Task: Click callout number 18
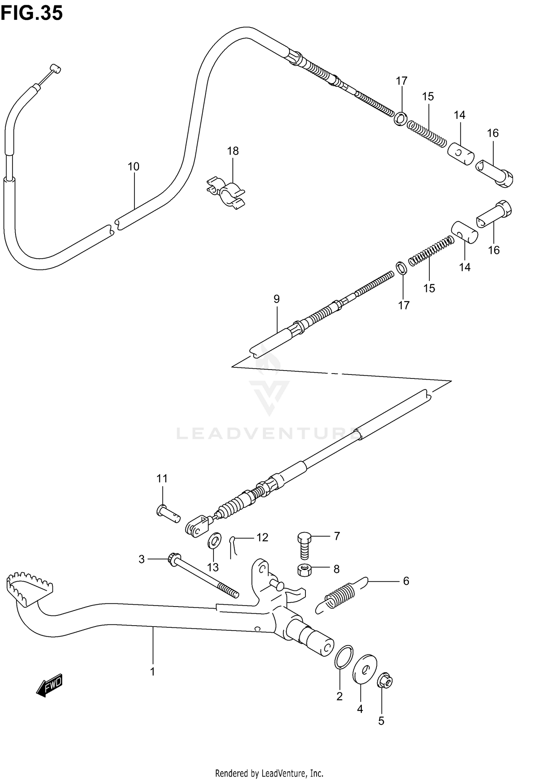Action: [x=233, y=151]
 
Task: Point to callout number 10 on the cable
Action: [x=134, y=167]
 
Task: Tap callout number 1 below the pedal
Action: [x=152, y=672]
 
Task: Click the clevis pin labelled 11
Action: [x=168, y=514]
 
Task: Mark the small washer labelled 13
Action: [x=215, y=541]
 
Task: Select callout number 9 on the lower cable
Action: [x=276, y=299]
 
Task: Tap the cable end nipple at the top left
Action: [x=55, y=68]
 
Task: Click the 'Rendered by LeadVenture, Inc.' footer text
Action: [x=269, y=770]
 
